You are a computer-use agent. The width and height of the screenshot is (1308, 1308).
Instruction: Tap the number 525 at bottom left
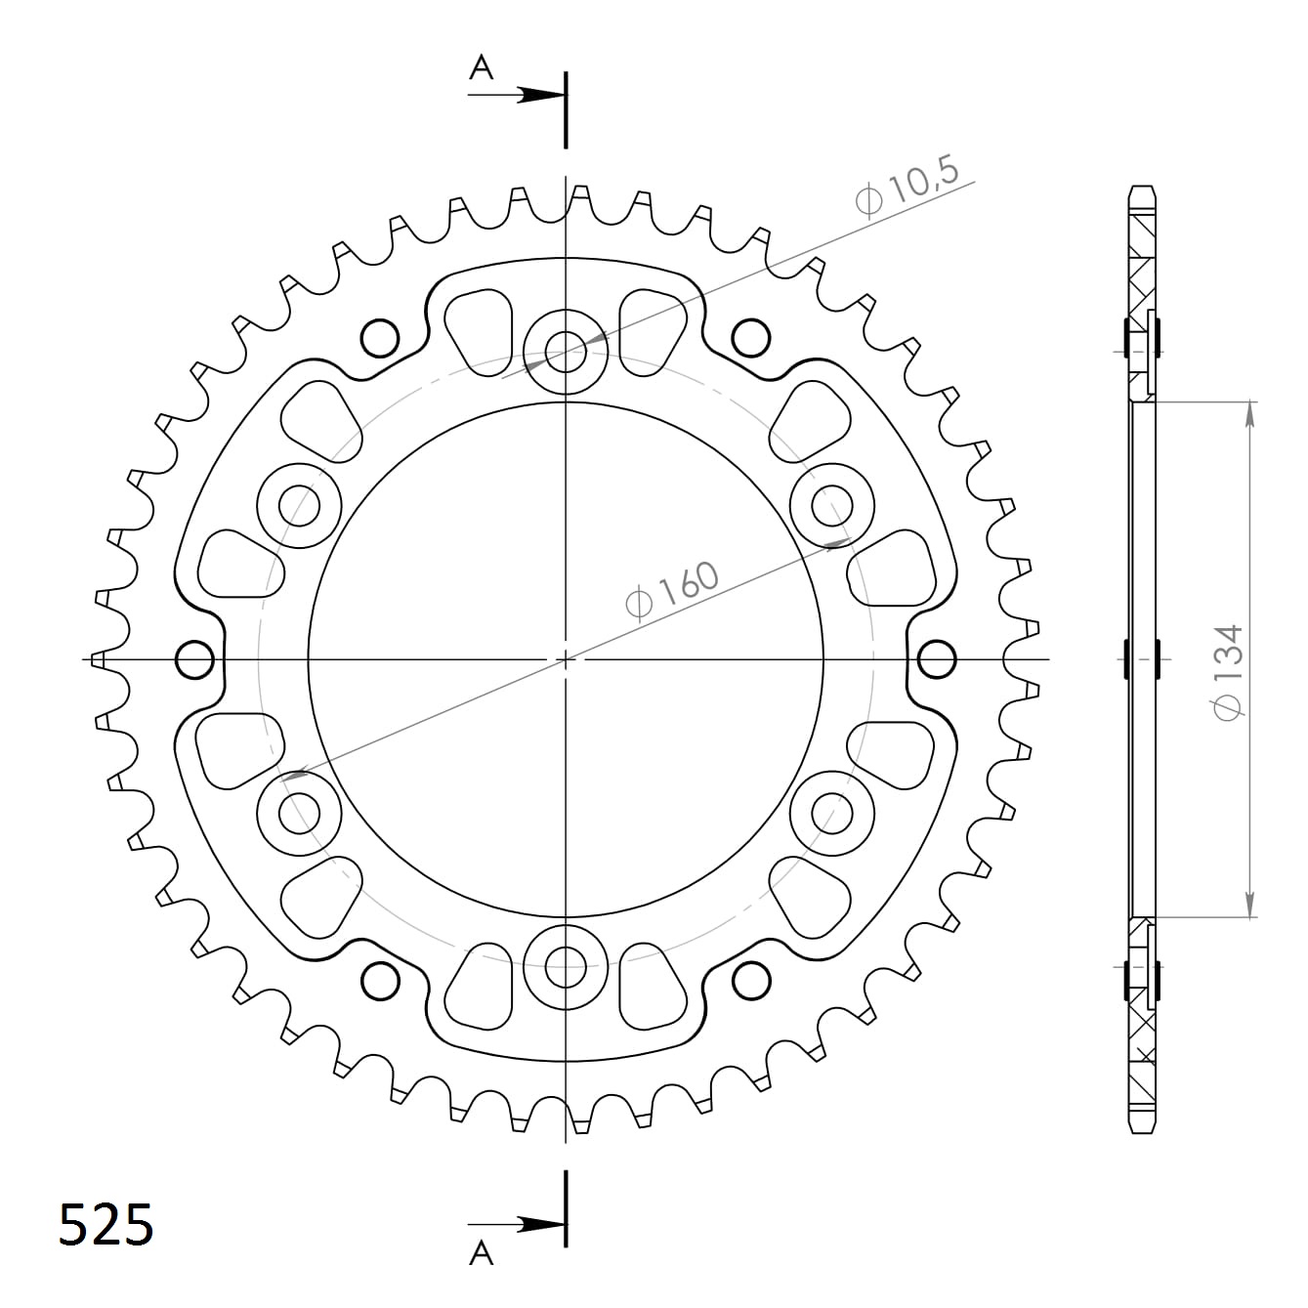(105, 1225)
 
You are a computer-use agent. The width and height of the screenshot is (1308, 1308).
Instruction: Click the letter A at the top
(481, 67)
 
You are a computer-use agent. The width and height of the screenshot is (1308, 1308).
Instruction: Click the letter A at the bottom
(481, 1253)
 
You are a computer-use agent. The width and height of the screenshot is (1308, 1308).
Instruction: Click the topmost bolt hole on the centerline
(566, 351)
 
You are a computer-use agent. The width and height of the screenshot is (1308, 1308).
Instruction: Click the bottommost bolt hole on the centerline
(566, 968)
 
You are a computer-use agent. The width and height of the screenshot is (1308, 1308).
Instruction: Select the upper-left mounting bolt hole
(299, 506)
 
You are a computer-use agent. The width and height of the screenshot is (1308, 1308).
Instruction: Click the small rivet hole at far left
(194, 660)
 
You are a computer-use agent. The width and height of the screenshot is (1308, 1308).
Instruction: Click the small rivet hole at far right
(937, 660)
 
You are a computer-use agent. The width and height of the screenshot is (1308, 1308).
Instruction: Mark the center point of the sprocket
(566, 660)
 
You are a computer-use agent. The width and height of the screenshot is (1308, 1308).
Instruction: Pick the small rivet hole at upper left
(380, 338)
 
